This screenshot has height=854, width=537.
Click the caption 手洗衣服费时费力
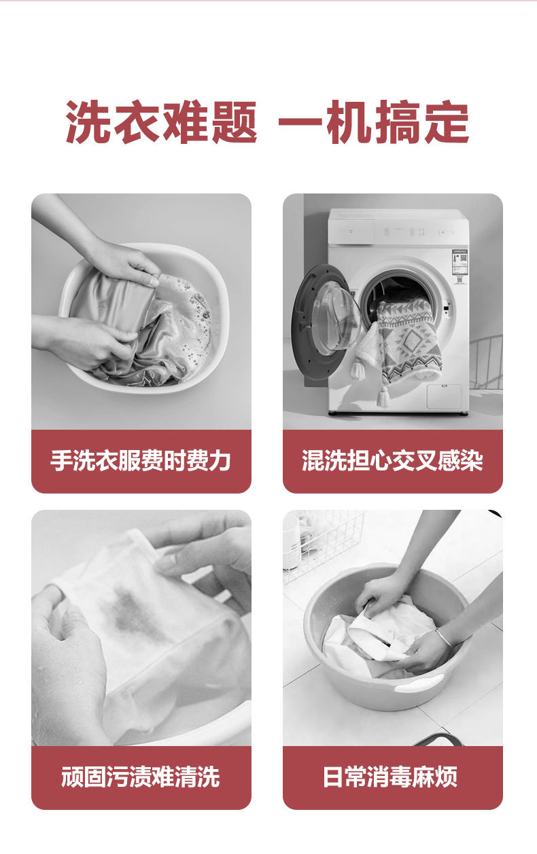click(x=141, y=460)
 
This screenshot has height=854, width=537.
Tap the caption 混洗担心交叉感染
click(x=392, y=460)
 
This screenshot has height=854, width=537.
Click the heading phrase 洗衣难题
click(x=161, y=122)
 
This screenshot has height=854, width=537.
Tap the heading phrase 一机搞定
click(x=374, y=122)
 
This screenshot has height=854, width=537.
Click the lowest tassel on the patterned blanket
click(x=383, y=396)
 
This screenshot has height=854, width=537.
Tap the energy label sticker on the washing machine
click(x=460, y=267)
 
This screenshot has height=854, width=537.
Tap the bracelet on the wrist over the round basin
click(x=444, y=636)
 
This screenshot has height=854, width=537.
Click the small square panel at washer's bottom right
click(x=444, y=397)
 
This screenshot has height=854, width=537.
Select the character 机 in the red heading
click(x=349, y=122)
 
